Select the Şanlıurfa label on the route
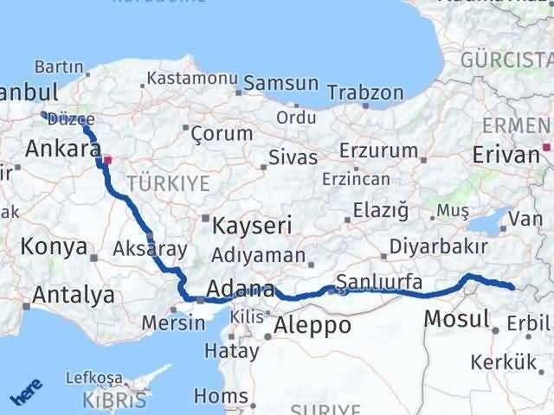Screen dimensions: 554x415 379,281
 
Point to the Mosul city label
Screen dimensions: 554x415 456,319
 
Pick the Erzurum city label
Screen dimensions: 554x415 378,150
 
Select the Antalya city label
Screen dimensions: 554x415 73,295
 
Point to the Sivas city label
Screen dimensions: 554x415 293,158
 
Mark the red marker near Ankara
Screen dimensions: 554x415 107,160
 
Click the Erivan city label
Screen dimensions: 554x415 506,155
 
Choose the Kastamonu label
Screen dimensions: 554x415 192,78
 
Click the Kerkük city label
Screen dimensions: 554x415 506,362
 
